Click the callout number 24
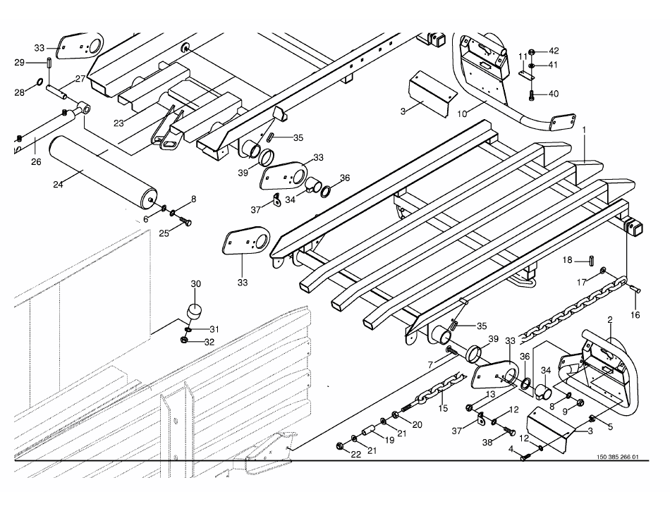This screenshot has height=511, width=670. [58, 185]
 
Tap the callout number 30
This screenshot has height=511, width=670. [196, 284]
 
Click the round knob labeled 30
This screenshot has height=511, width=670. [193, 311]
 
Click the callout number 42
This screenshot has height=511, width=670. [554, 51]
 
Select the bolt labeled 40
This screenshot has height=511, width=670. [532, 94]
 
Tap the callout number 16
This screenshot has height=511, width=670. [635, 315]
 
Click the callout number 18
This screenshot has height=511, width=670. [568, 260]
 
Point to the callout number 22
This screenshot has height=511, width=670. [356, 454]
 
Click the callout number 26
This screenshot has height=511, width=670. [36, 161]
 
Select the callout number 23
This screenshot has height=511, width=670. [118, 122]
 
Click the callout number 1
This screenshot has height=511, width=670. [584, 130]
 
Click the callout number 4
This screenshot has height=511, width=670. [511, 449]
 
